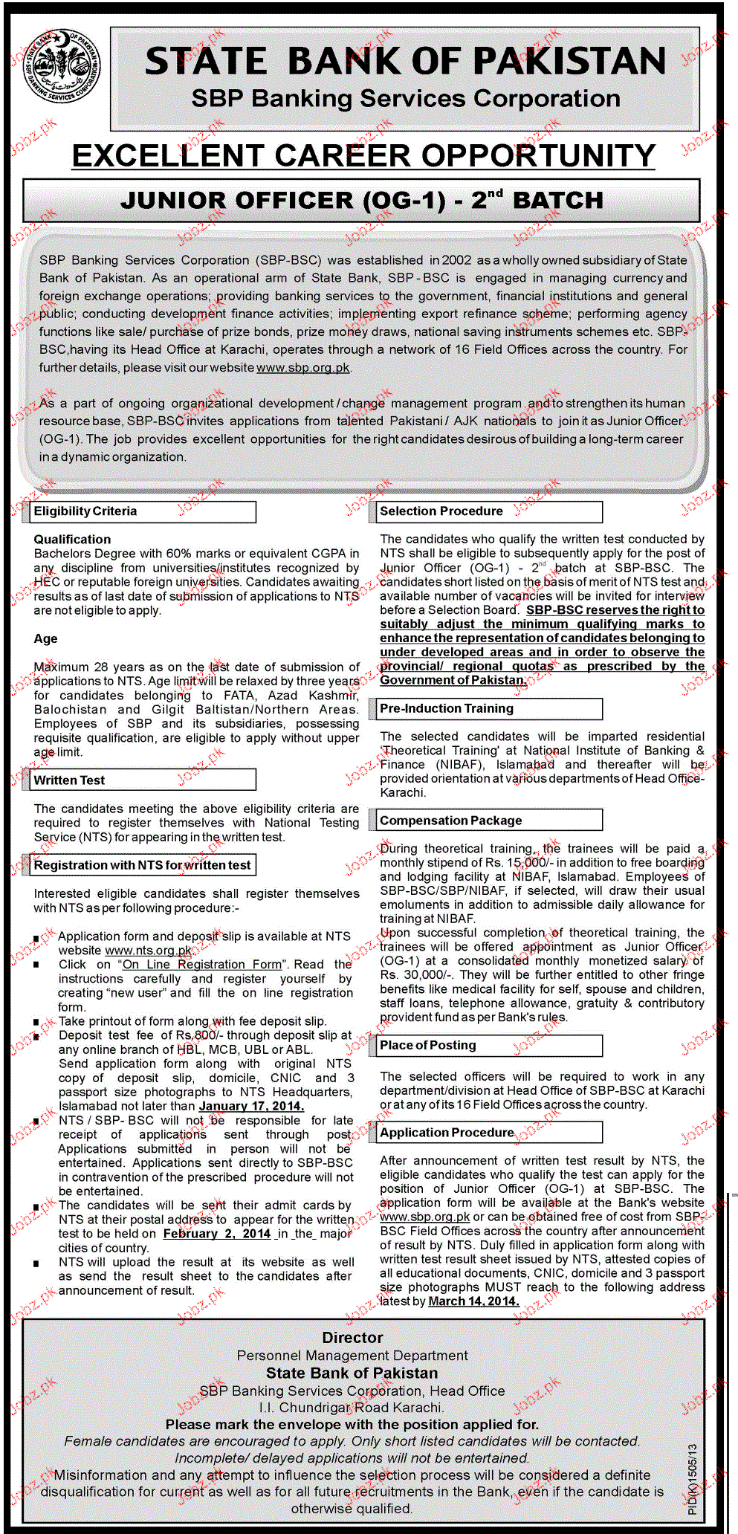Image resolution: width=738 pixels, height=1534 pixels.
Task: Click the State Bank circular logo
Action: tap(62, 68)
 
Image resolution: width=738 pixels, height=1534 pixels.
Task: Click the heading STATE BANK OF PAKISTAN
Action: tap(405, 62)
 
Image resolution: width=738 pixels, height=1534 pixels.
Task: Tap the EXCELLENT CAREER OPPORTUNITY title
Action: tap(363, 156)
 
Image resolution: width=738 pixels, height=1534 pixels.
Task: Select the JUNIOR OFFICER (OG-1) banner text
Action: tap(362, 201)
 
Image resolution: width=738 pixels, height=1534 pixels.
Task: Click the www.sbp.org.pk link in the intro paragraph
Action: tap(303, 368)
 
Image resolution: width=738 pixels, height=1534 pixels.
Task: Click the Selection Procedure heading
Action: tap(441, 511)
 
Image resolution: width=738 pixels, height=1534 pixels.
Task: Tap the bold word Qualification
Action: tap(72, 540)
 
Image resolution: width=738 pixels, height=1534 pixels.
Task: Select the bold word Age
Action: tap(45, 638)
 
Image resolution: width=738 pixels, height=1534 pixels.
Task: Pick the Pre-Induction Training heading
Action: tap(447, 708)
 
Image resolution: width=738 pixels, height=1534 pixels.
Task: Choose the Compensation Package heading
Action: tap(451, 821)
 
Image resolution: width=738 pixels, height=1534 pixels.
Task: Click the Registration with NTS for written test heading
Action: tap(143, 865)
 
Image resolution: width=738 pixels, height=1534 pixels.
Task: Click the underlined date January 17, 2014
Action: tap(251, 1106)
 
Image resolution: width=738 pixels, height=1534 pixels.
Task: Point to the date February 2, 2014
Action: tap(217, 1234)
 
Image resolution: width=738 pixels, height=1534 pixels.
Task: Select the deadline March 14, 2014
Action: tap(473, 1301)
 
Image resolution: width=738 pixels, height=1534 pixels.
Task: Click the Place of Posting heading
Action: tap(428, 1045)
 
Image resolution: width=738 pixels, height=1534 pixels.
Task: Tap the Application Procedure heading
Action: tap(447, 1133)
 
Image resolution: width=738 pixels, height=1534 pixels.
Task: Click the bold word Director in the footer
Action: tap(353, 1338)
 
